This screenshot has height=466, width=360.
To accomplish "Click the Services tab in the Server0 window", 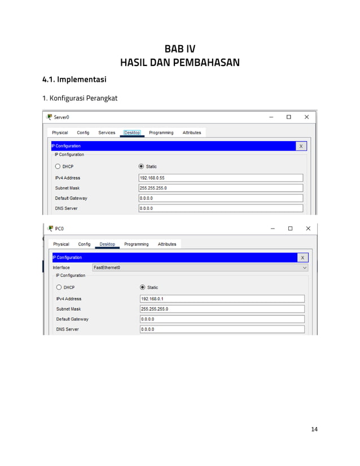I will tap(107, 133).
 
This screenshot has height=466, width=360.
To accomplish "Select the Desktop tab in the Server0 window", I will tap(132, 133).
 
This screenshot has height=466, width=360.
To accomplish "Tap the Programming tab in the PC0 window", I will tap(136, 244).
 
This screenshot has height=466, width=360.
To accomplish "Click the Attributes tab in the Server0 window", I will tap(192, 133).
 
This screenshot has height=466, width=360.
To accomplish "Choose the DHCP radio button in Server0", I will tap(58, 166).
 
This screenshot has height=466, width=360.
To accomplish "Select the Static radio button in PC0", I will tap(142, 287).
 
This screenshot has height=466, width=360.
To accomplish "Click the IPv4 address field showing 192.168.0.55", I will tap(221, 178).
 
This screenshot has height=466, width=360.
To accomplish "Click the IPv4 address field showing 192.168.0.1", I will tap(222, 298).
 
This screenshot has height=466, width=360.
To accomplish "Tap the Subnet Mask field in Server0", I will tap(221, 188).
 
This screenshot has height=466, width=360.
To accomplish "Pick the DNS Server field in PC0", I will tap(222, 329).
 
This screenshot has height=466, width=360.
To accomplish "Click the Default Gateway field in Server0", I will tap(221, 198).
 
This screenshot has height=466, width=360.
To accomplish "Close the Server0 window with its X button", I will tap(306, 117).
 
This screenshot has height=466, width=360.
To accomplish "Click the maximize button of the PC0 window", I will tap(290, 228).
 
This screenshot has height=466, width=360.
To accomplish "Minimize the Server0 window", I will tap(271, 117).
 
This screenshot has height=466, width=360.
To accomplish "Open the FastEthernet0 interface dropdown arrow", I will tap(305, 267).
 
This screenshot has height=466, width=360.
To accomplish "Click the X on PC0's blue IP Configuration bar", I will tap(302, 257).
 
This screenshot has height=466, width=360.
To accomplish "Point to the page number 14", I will tap(314, 429).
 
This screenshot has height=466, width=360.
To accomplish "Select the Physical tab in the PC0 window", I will tap(61, 244).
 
